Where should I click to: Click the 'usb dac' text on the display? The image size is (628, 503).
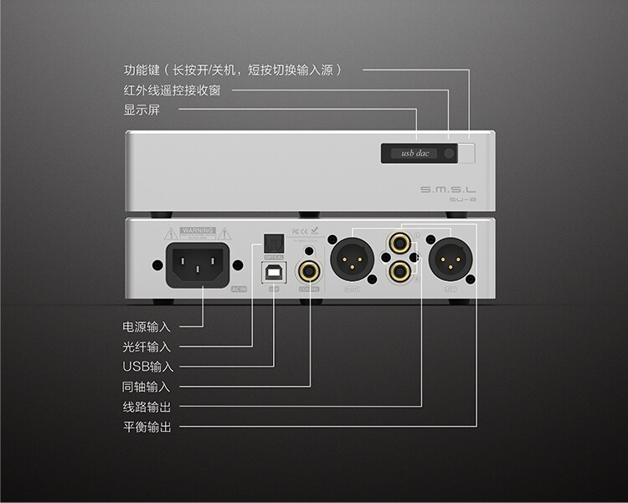click(x=410, y=154)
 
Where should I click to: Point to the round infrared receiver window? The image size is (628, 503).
click(x=450, y=154)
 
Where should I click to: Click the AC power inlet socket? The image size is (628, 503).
click(x=198, y=264)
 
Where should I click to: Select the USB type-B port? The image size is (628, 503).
click(x=274, y=272)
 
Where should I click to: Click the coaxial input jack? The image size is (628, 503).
click(x=310, y=270)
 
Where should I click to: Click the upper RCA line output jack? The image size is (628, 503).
click(x=399, y=245)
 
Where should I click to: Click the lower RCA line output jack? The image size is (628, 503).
click(x=399, y=271)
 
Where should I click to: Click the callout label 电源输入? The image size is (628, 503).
click(x=146, y=326)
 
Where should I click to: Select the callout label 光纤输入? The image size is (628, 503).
click(x=146, y=346)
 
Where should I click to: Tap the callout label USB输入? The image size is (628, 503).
click(x=147, y=367)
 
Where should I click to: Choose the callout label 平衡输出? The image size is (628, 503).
click(x=146, y=428)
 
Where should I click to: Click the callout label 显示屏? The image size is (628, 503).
click(x=141, y=110)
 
